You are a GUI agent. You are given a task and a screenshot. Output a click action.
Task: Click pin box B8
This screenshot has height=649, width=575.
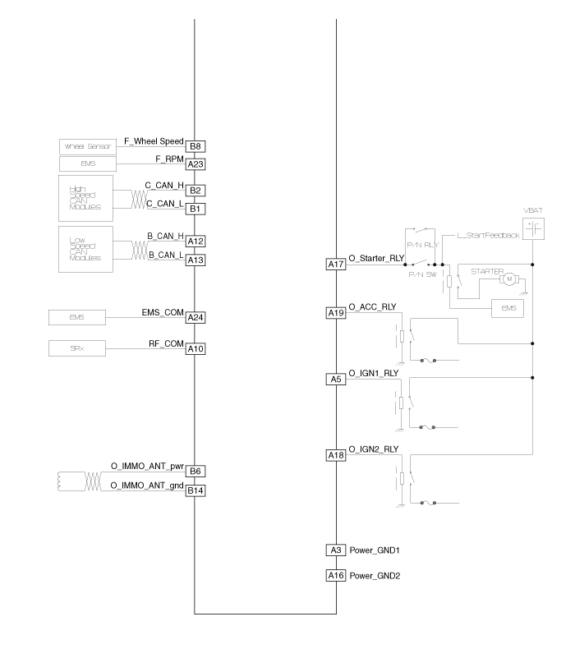(195, 146)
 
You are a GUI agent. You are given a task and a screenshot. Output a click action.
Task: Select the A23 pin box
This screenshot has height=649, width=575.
(195, 163)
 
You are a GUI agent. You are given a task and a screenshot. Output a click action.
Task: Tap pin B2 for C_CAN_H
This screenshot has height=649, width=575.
(195, 191)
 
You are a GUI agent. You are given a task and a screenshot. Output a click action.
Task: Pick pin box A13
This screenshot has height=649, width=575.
(195, 260)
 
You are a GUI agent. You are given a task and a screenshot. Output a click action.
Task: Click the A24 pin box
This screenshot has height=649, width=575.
(195, 317)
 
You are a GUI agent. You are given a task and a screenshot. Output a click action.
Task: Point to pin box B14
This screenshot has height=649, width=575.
(195, 490)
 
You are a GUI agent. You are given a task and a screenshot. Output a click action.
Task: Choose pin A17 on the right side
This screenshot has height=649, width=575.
(336, 265)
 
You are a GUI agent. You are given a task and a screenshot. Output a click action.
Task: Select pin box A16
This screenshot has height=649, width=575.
(336, 576)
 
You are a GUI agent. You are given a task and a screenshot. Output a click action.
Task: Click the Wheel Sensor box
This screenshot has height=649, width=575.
(88, 147)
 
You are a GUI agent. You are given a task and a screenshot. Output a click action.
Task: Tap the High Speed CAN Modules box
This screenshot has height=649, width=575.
(86, 198)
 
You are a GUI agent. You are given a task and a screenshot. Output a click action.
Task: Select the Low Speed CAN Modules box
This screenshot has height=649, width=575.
(86, 249)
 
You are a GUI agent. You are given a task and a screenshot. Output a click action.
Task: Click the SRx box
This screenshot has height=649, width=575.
(76, 349)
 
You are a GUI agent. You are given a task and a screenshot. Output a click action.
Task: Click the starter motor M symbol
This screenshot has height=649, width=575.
(509, 279)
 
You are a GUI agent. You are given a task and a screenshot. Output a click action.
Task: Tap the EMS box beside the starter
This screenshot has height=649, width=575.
(508, 307)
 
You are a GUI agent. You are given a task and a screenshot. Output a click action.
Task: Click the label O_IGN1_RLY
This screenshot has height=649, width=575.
(374, 373)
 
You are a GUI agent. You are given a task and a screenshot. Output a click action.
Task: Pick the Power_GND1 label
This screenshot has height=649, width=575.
(374, 550)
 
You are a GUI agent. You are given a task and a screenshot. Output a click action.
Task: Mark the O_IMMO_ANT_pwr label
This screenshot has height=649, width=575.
(147, 467)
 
